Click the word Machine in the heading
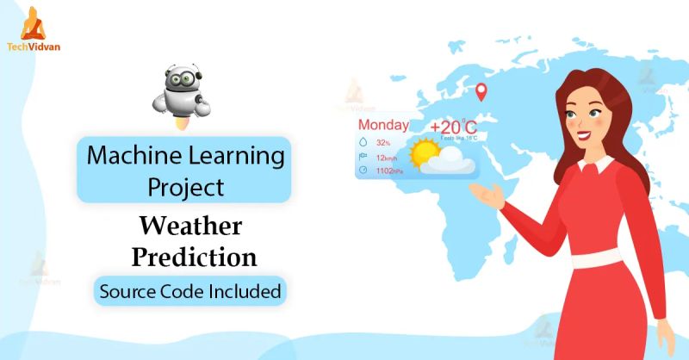coord(128,157)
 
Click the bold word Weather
coord(190,227)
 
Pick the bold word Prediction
coord(190,257)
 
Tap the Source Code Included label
coord(190,291)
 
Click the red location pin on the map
coord(481,90)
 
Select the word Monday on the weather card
coord(383,125)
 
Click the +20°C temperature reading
coord(453,128)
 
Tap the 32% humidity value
coord(383,142)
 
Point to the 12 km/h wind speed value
coord(385,157)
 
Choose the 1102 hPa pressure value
coord(389,171)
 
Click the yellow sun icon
coord(425,153)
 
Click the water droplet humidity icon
coord(363,142)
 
